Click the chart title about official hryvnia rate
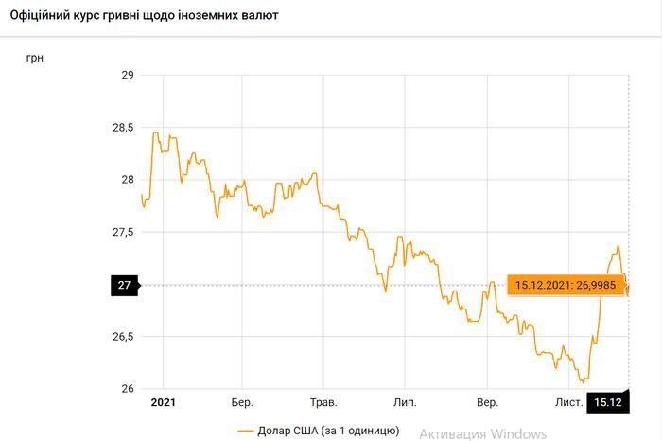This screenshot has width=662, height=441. coord(144,17)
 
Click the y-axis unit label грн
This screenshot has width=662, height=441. coord(35,58)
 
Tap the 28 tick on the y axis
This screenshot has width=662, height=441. coord(128,180)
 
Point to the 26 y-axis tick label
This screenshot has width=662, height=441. coord(128,389)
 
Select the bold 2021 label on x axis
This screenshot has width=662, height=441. coord(163,403)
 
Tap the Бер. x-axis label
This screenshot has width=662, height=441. coord(242,403)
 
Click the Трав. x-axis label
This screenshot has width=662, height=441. coord(323,403)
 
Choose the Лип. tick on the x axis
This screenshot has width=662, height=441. coord(405,403)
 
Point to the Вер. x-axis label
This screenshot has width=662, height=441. coord(487,403)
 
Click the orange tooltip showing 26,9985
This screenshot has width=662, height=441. coord(563,284)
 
